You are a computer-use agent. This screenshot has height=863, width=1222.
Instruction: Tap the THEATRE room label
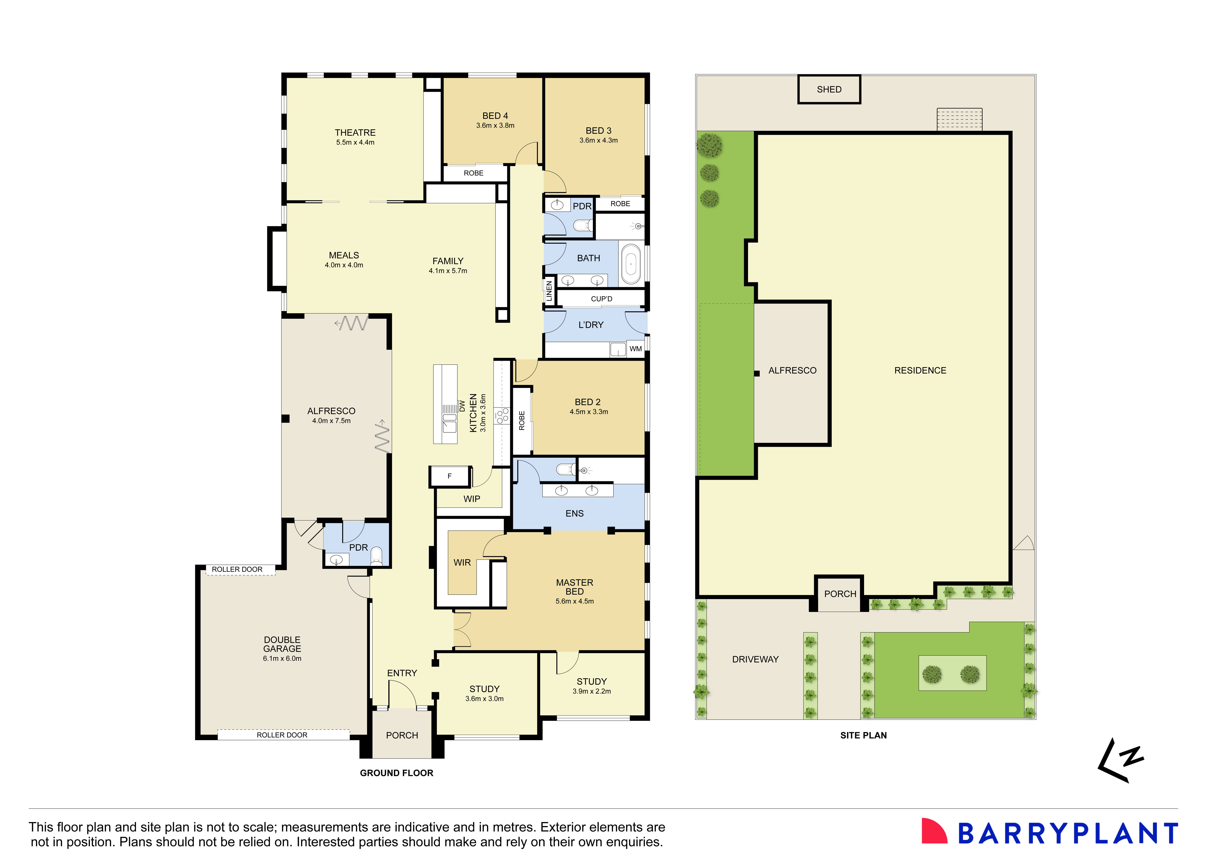coord(355,132)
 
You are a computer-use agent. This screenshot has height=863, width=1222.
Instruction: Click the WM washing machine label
coord(635,349)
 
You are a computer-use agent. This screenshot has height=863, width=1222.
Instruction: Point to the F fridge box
coord(450,476)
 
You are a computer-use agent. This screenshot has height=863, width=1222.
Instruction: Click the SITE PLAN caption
coord(863,735)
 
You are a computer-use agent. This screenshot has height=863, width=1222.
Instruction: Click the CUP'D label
coord(601,299)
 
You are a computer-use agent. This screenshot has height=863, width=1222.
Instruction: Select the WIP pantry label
coord(472,499)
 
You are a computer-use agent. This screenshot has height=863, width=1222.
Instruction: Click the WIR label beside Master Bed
coord(462,563)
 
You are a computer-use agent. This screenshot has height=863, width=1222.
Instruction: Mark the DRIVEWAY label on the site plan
coord(755,659)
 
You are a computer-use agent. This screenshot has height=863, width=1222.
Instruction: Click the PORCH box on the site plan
coord(840,593)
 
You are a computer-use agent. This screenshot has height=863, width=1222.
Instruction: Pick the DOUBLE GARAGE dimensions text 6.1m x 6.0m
coord(282,658)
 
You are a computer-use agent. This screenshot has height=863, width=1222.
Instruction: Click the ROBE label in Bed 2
coord(522,421)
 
